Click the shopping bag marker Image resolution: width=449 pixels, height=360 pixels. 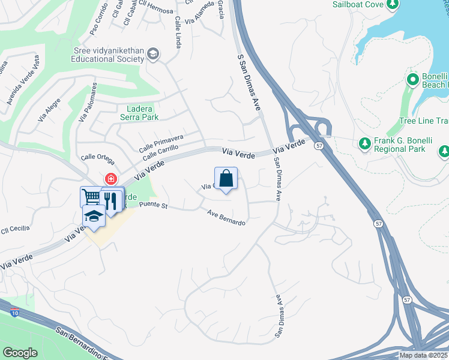pos(226,179)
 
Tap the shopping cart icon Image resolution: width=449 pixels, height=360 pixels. pos(91,196)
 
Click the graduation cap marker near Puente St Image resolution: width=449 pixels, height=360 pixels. pos(94,216)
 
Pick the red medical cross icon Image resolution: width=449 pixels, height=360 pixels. pos(110,179)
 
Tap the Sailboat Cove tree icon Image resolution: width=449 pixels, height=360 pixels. pos(393,5)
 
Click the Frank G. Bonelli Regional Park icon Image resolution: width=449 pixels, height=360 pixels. pos(364,143)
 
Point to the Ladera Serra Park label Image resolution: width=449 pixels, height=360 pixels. pos(134,113)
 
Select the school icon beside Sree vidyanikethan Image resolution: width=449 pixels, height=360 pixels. pos(153,55)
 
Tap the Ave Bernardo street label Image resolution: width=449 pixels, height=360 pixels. pos(227,217)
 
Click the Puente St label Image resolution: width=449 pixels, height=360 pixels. pos(153,205)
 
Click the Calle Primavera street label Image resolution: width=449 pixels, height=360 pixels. pos(161,143)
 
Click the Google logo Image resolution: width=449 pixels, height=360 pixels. pos(20,353)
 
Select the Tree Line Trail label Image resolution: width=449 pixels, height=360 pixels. pos(424,121)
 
